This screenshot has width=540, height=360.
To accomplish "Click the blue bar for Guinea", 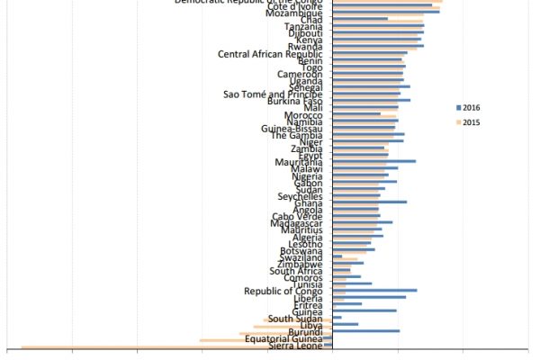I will coord(364,310).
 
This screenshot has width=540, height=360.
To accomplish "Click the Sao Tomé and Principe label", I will coord(273,94).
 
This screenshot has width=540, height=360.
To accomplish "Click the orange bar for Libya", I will coord(292,326).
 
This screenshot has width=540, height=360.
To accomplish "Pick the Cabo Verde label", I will coord(297,216).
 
